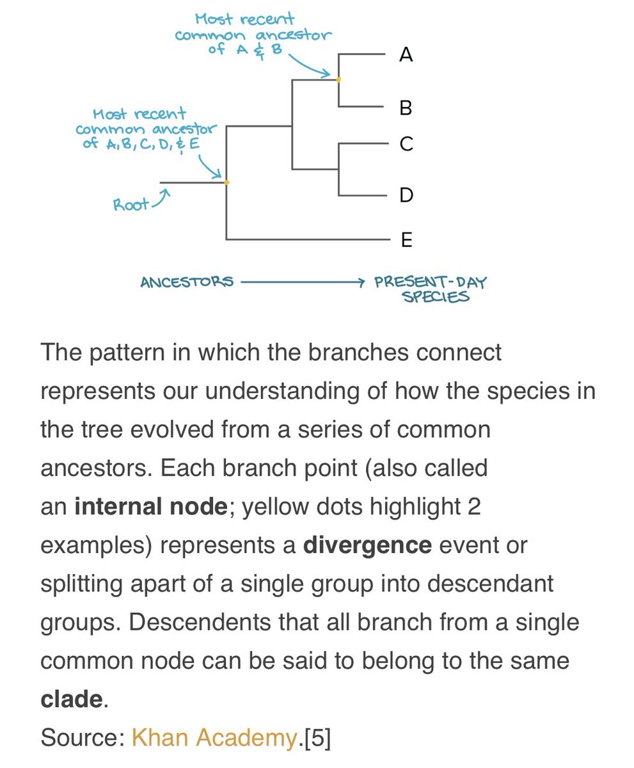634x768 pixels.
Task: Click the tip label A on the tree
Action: [x=406, y=56]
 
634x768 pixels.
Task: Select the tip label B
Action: [x=406, y=108]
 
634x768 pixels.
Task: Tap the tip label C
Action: [x=406, y=144]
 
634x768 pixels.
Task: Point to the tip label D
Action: [x=406, y=195]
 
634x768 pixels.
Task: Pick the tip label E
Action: [x=406, y=240]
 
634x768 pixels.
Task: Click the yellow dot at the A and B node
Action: [x=338, y=79]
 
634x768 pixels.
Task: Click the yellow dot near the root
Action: [x=227, y=182]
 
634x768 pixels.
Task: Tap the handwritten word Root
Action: [x=131, y=205]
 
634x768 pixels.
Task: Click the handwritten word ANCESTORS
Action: [x=187, y=282]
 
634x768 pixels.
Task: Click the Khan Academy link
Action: [x=214, y=738]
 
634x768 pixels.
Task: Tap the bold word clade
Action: [x=71, y=699]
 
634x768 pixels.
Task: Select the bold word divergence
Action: [x=367, y=545]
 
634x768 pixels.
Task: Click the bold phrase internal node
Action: [x=150, y=507]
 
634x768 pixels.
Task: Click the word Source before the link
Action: [x=81, y=738]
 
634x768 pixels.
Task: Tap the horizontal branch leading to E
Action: [x=307, y=240]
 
